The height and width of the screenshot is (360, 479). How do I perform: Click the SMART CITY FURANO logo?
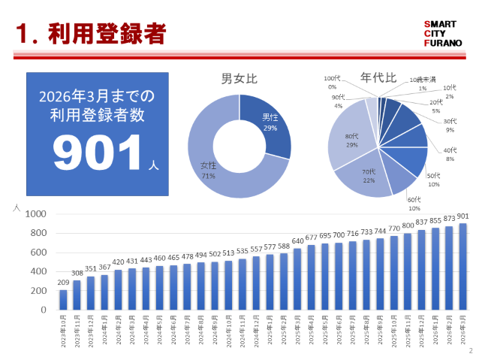444,33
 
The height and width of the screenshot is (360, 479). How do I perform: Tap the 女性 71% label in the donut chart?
208,170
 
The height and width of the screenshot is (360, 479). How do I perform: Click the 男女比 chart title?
238,79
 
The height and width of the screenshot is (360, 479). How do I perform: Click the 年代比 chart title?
375,77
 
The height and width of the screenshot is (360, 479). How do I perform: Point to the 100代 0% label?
332,83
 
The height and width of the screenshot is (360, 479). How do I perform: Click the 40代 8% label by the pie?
449,154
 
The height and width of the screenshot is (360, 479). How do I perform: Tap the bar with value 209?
63,299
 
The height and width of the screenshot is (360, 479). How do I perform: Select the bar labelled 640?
298,279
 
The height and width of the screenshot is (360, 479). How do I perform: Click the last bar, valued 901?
462,266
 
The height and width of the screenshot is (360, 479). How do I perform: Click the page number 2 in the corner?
471,350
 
